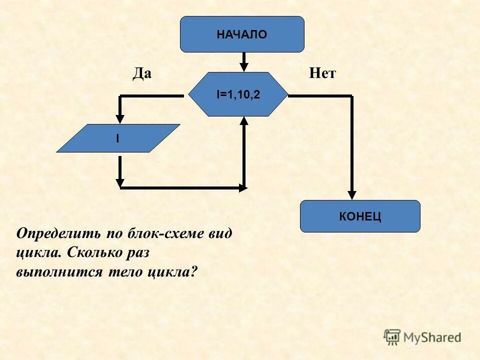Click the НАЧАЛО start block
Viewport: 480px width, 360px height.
[242, 34]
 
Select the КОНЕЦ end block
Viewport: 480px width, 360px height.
[360, 216]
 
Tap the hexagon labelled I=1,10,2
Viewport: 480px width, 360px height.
[238, 94]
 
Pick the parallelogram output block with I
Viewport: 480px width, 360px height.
[118, 138]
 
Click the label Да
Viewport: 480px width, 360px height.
[141, 74]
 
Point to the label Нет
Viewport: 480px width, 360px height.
[322, 74]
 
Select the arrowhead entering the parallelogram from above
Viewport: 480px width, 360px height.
[120, 118]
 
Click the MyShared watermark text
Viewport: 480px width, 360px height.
[432, 337]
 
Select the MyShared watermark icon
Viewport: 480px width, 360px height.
[392, 337]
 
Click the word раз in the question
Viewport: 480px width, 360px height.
[136, 253]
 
